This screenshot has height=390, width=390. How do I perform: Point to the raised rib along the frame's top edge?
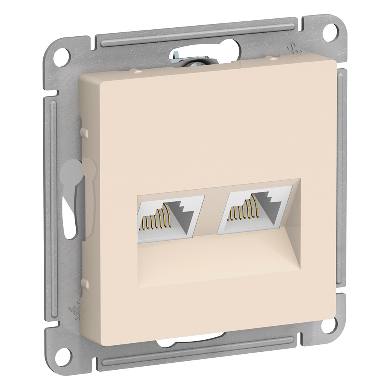click(x=195, y=33)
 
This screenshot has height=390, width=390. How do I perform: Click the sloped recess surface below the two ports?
click(x=218, y=259)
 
